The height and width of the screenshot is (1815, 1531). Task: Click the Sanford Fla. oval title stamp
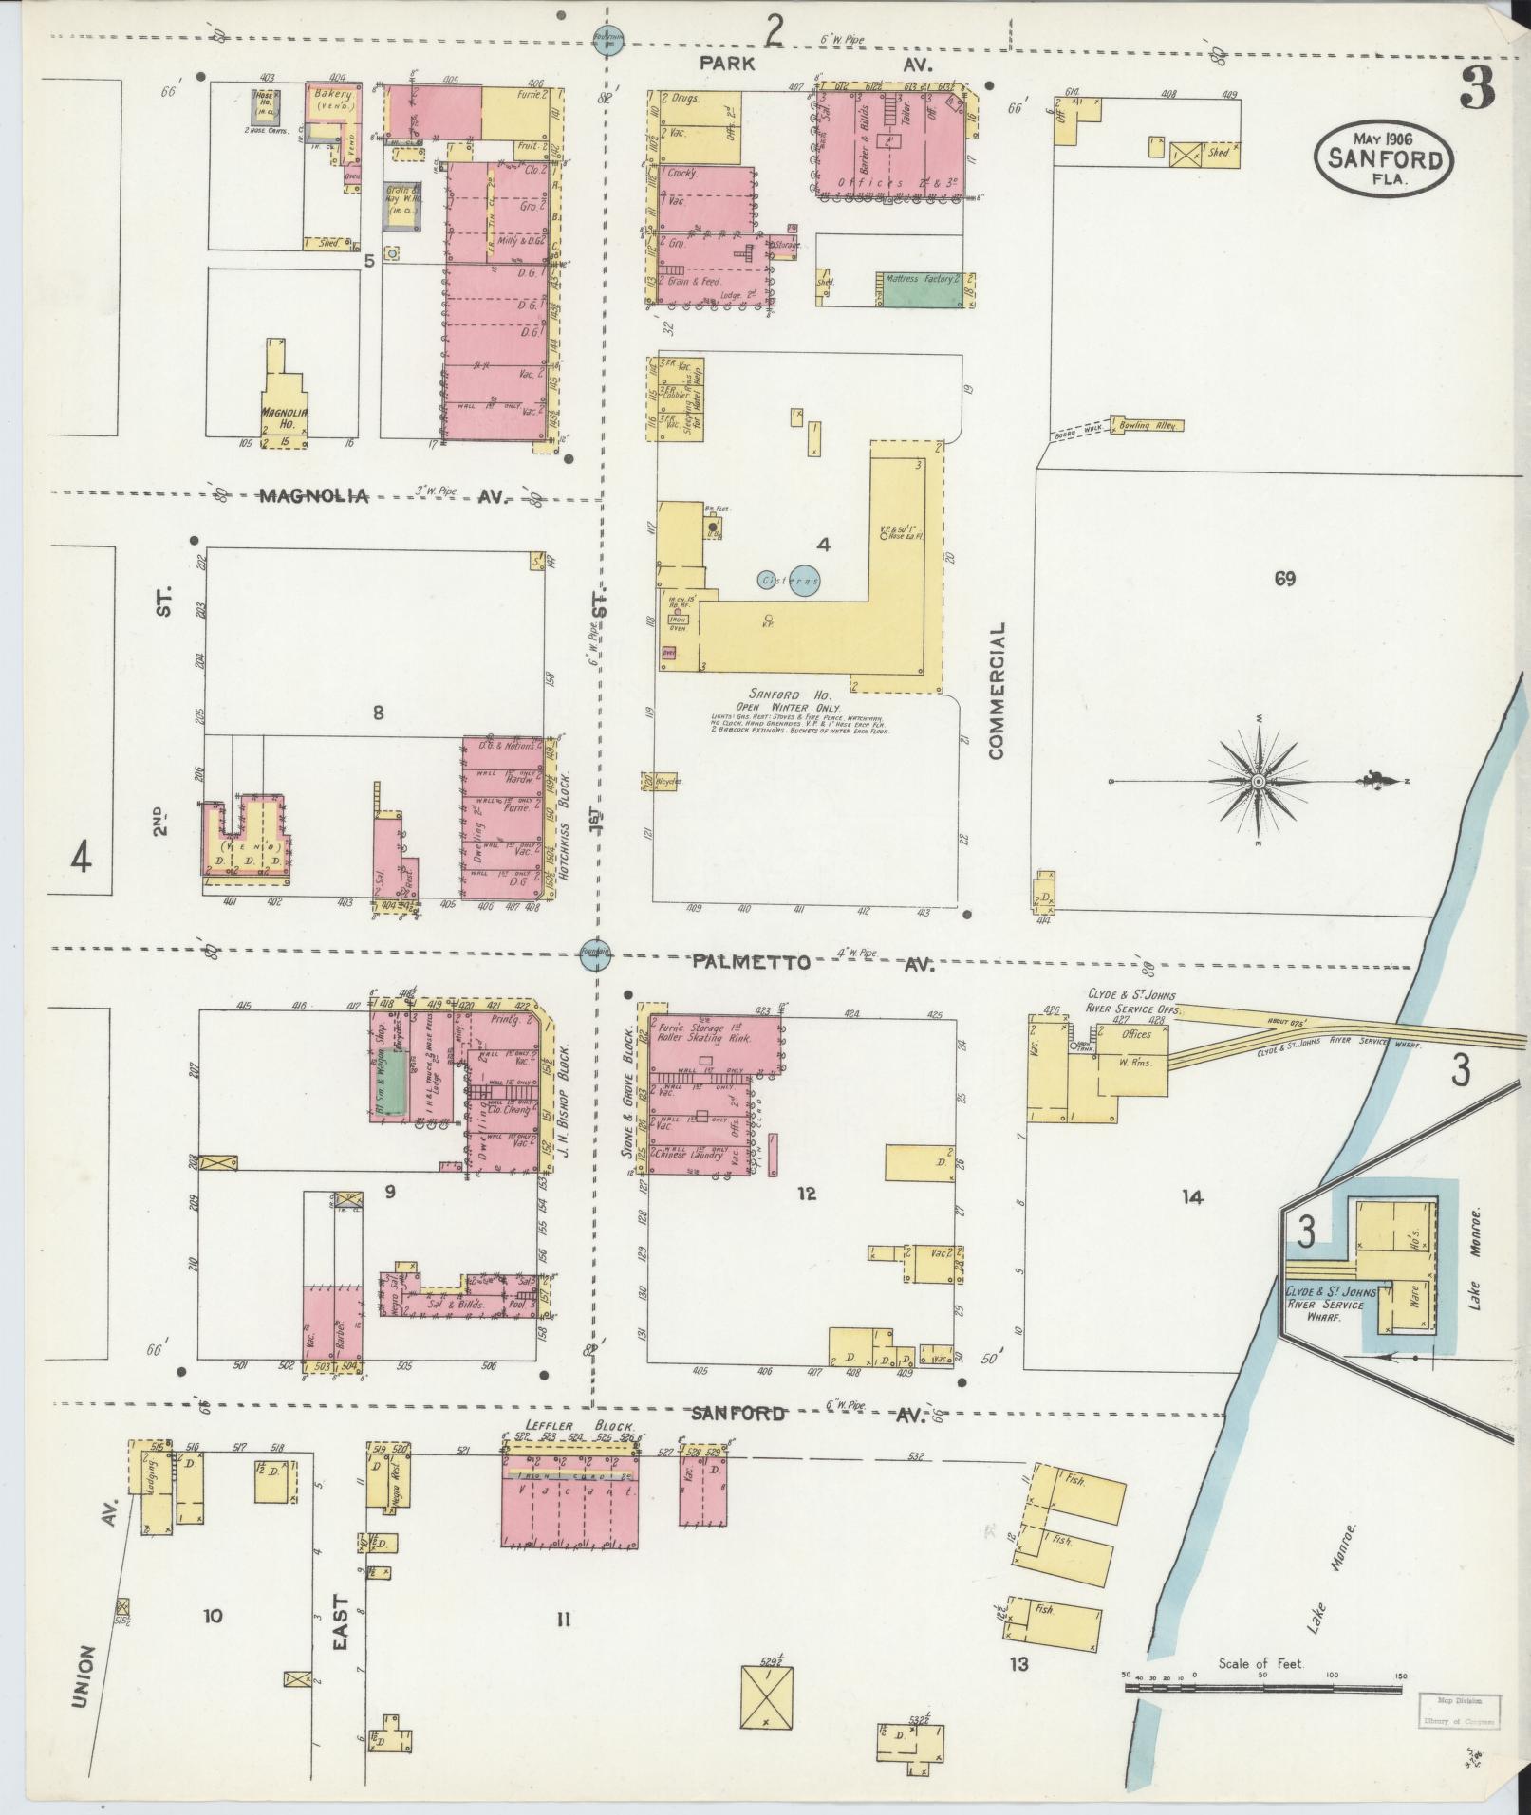(1384, 158)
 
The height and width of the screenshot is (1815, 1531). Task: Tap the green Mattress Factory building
(919, 295)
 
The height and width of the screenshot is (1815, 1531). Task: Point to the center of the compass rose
(1259, 781)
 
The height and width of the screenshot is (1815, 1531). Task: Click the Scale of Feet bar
(1262, 1025)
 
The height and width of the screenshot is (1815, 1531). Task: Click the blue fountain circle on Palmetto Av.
(595, 955)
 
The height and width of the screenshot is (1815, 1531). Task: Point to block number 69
(1285, 578)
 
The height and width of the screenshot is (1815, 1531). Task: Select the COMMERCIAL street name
(996, 691)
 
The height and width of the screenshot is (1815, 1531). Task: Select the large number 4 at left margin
(82, 859)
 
